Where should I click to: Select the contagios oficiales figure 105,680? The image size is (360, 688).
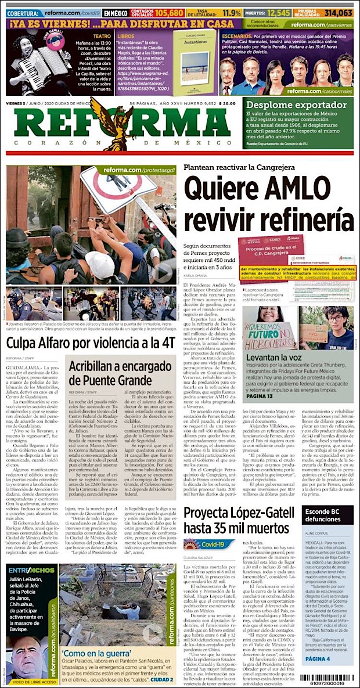point(165,13)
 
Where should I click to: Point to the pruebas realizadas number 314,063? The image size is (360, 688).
point(338,13)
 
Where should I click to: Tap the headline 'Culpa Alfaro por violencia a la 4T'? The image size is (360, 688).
point(91,341)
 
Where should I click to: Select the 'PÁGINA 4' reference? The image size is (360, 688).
point(317,643)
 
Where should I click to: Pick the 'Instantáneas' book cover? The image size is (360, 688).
point(195,62)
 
